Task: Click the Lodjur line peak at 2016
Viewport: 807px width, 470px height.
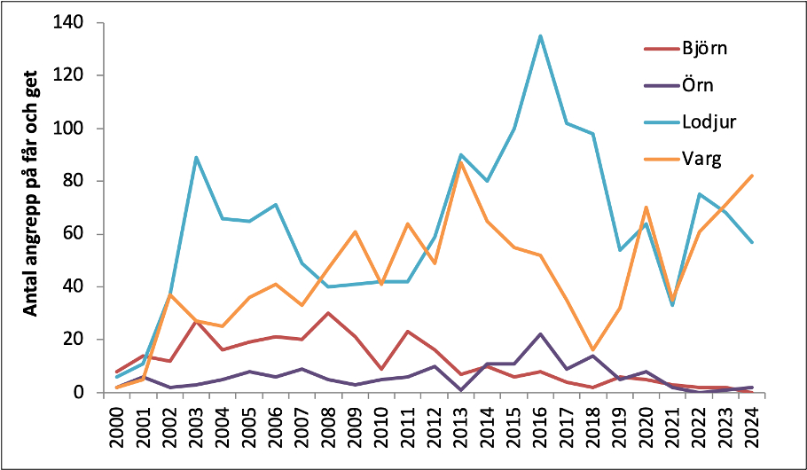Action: [540, 36]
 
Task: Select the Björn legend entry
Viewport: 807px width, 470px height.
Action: [705, 49]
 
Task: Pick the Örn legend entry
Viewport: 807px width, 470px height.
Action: [700, 86]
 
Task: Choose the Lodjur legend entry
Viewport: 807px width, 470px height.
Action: [708, 123]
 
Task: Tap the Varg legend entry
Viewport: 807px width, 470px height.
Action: [701, 161]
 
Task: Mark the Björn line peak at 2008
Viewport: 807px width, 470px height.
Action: [329, 313]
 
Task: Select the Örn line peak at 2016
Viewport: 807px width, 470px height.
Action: [540, 334]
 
